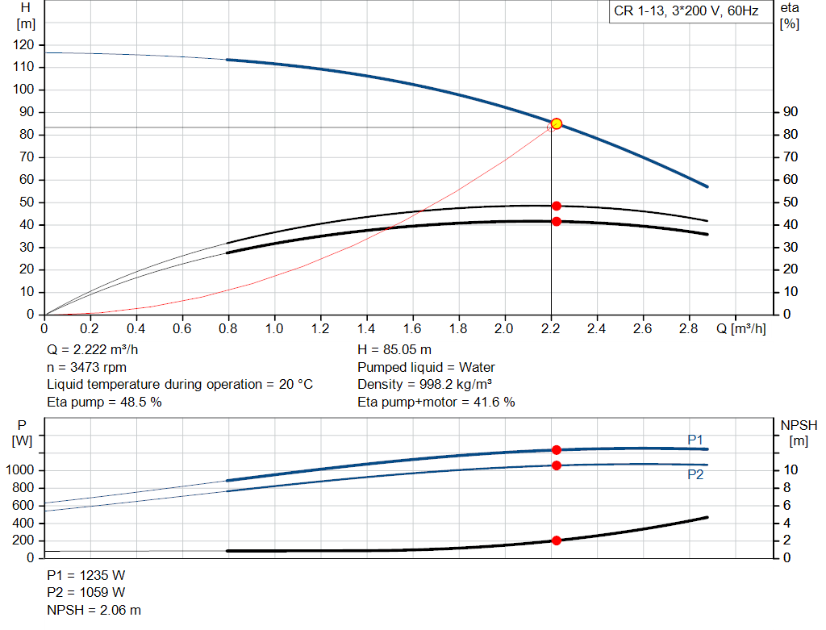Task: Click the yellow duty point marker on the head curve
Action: point(557,124)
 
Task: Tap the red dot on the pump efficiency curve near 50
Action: point(557,206)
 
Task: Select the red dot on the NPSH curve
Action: point(557,540)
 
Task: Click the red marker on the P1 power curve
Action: point(557,450)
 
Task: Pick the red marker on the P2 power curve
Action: point(557,465)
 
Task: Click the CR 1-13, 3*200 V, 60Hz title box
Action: point(686,11)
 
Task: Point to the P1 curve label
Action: point(695,440)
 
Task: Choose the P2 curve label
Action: point(695,474)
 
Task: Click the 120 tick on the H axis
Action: point(23,45)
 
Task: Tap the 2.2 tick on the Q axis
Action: point(550,328)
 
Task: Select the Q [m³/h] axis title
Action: point(740,328)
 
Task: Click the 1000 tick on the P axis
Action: point(19,469)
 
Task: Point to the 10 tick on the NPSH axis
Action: point(791,469)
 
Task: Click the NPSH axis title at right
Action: point(799,433)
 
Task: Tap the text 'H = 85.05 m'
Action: point(394,350)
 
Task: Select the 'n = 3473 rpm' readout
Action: point(86,368)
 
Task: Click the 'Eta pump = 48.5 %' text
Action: point(104,403)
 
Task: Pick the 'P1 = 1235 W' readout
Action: point(86,575)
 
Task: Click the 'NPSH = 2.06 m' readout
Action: point(94,610)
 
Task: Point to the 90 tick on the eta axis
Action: point(791,111)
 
